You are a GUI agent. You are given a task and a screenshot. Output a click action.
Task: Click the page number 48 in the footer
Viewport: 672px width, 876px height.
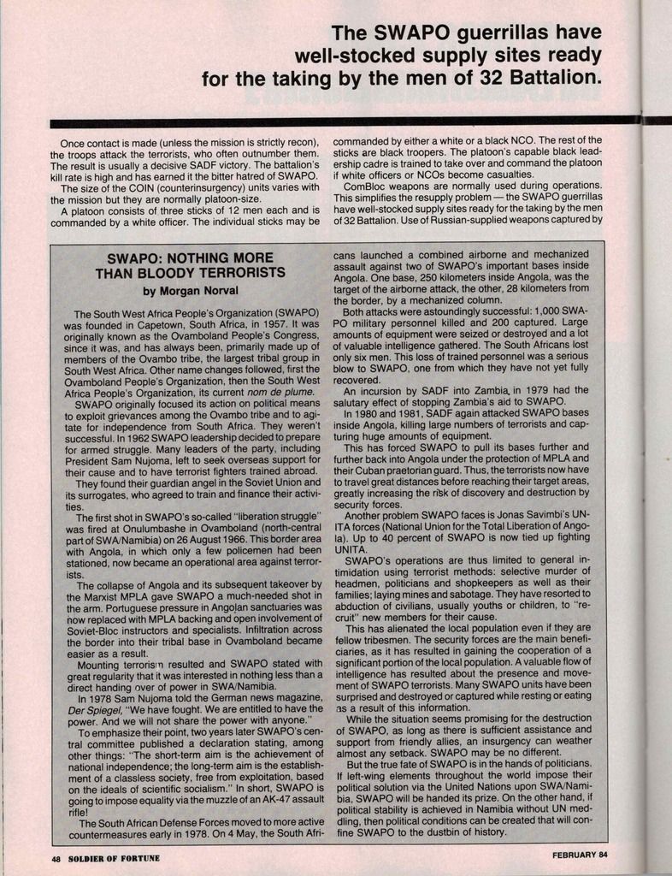(56, 857)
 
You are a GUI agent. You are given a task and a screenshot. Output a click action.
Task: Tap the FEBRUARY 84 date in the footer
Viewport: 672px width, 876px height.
(580, 855)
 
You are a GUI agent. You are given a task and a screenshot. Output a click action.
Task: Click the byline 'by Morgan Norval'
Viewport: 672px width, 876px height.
(190, 291)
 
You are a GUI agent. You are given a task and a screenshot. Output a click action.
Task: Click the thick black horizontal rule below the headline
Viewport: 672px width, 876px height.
(342, 123)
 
